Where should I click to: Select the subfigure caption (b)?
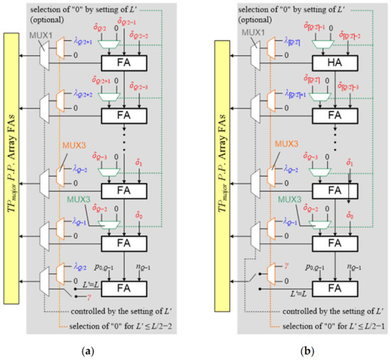click(297, 350)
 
